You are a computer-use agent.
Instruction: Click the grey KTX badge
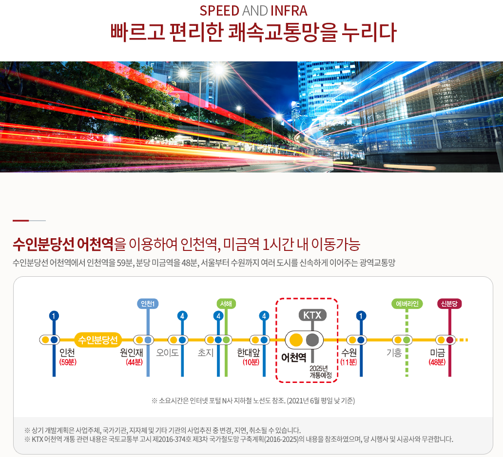(x=312, y=315)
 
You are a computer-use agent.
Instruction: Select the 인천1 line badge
(x=148, y=304)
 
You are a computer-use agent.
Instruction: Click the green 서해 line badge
(x=226, y=304)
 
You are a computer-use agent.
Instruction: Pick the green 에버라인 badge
(x=406, y=304)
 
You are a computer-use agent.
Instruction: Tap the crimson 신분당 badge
(x=449, y=304)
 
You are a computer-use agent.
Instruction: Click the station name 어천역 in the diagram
(x=294, y=357)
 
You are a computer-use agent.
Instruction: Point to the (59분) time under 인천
(x=68, y=362)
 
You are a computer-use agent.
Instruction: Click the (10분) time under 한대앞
(x=251, y=362)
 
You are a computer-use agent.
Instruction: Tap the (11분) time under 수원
(x=349, y=362)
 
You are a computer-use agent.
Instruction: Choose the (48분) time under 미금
(x=437, y=362)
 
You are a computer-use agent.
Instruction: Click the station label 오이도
(x=167, y=352)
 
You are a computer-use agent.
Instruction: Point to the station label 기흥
(x=394, y=352)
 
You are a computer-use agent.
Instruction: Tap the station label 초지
(x=206, y=352)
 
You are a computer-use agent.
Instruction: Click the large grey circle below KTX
(x=312, y=339)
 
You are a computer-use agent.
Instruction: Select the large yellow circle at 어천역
(x=296, y=339)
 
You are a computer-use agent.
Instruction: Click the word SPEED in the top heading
(x=219, y=11)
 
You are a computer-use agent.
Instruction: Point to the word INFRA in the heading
(x=289, y=11)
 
